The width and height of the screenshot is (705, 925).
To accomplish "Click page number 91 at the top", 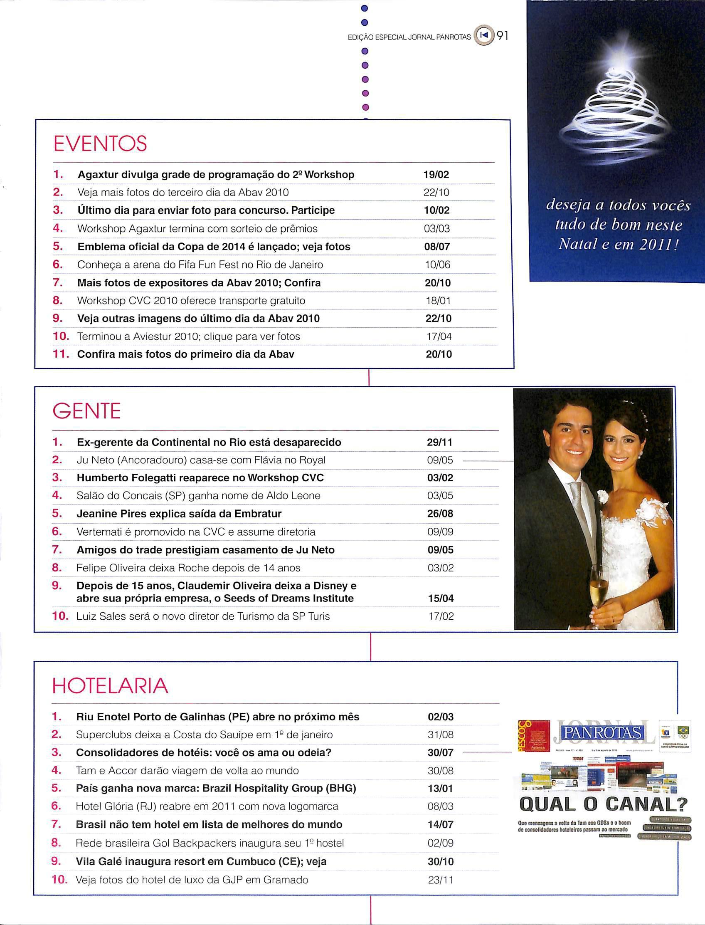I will tap(502, 37).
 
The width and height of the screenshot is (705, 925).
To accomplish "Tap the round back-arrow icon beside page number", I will tap(484, 37).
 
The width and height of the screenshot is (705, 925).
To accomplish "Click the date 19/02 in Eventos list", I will tap(437, 175).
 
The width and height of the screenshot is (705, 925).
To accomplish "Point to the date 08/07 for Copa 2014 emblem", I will tap(437, 247).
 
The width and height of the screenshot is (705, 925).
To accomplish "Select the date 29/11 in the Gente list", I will tap(440, 442).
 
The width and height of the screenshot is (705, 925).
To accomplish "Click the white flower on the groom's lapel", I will tap(603, 497).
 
